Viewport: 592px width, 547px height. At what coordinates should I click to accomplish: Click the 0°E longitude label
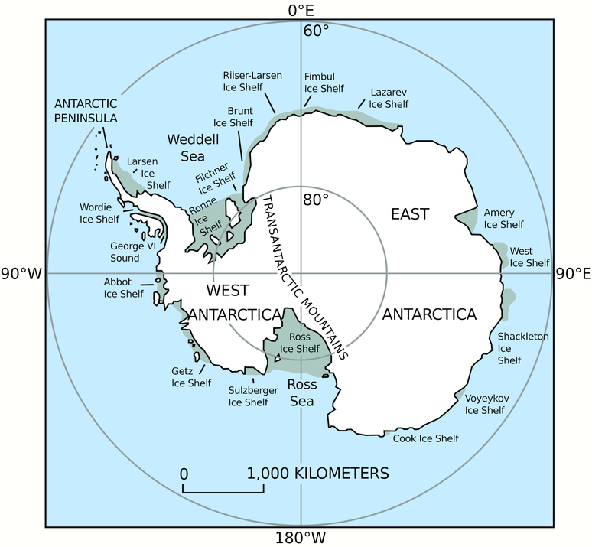(x=300, y=10)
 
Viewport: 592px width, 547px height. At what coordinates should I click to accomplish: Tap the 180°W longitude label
(x=300, y=537)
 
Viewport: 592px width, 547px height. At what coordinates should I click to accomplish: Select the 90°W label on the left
(x=21, y=274)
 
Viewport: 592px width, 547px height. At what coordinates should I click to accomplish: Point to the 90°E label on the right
(x=574, y=274)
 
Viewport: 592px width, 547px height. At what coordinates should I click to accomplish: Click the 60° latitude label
(x=316, y=31)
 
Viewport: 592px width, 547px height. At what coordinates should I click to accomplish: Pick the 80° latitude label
(x=315, y=200)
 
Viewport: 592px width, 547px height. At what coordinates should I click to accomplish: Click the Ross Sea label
(x=301, y=392)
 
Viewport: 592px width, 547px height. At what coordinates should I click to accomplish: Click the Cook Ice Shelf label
(x=425, y=438)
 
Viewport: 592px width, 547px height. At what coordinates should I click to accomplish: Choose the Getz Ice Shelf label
(x=190, y=377)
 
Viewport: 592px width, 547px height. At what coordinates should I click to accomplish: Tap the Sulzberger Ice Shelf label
(x=249, y=396)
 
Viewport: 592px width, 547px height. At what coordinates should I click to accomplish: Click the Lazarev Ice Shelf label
(x=388, y=98)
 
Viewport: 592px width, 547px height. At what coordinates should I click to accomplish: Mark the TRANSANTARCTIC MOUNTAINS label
(x=305, y=277)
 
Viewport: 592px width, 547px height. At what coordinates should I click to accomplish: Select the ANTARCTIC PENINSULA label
(x=86, y=111)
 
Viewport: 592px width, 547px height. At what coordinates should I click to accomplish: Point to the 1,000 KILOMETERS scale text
(x=317, y=474)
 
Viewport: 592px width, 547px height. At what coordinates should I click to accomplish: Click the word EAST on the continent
(x=410, y=213)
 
